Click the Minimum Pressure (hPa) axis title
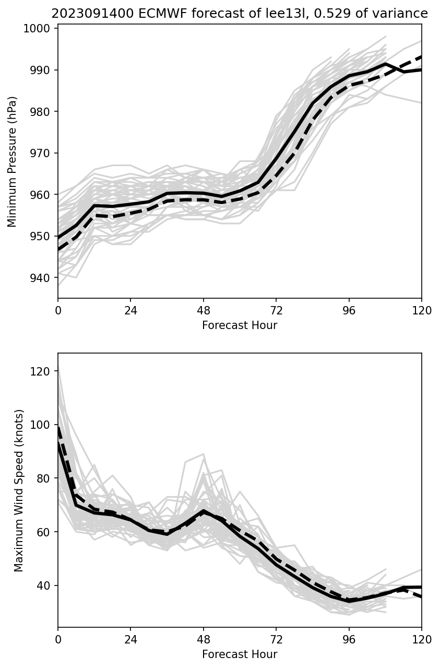point(13,161)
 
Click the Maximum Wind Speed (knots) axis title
point(19,490)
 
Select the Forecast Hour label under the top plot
point(240,325)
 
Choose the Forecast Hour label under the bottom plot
point(240,654)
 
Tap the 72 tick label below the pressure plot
point(276,311)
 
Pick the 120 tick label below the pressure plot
point(422,311)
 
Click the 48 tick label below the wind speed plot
point(204,640)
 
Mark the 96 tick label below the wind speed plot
point(349,640)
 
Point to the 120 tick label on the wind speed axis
point(42,371)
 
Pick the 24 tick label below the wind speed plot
point(130,640)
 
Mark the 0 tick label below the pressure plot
point(58,311)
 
